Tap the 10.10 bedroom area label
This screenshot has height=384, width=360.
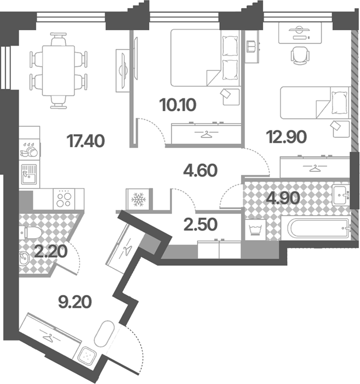click(178, 105)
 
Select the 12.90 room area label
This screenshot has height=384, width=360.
click(287, 137)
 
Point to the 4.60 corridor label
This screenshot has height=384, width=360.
click(201, 171)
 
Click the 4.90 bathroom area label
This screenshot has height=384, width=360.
click(283, 198)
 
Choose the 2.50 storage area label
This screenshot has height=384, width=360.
click(201, 225)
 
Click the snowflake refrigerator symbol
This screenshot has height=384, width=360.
click(138, 199)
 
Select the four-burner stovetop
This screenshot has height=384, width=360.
click(64, 199)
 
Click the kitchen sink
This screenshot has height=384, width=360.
click(29, 174)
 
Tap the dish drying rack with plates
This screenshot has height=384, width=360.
click(30, 149)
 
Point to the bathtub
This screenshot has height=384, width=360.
click(316, 228)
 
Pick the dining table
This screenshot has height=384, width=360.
click(58, 71)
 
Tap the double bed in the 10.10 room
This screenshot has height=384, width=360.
click(205, 58)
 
